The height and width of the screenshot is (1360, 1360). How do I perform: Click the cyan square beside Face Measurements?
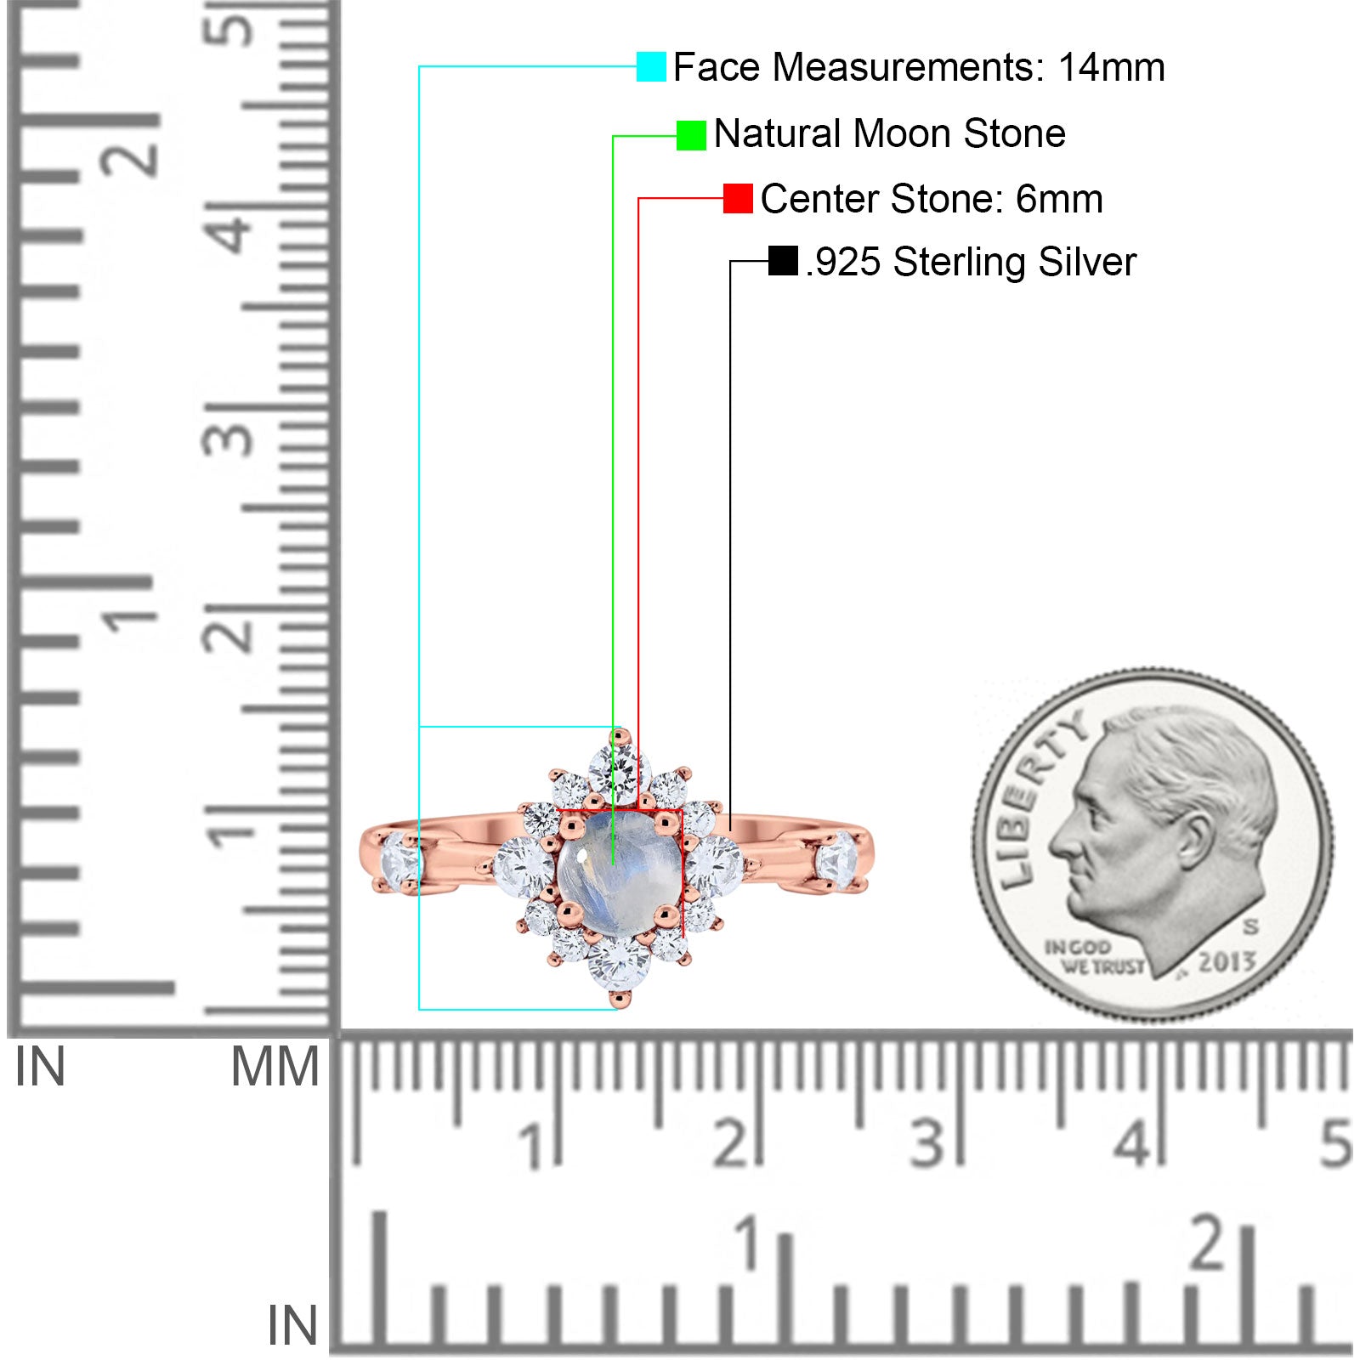[x=651, y=66]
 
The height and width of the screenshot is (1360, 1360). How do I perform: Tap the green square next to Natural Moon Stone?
[x=691, y=135]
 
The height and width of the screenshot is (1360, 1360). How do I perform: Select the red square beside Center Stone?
[x=738, y=199]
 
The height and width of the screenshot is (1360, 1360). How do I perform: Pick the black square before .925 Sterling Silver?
[x=783, y=261]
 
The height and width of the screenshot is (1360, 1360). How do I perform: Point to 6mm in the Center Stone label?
[x=1059, y=199]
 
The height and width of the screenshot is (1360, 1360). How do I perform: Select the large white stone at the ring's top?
[x=619, y=770]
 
